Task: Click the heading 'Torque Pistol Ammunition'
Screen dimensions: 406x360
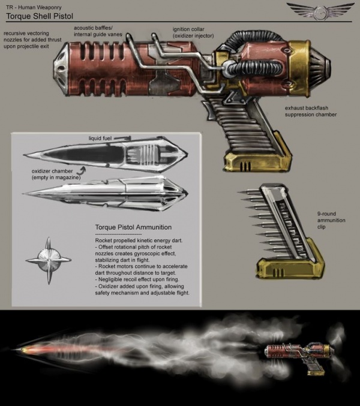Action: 134,227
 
